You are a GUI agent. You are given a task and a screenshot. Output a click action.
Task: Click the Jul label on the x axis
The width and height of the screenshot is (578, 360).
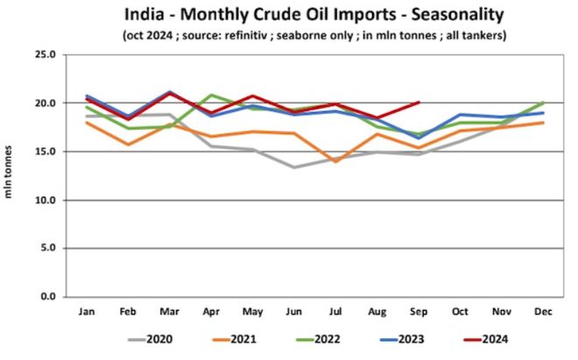click(x=335, y=311)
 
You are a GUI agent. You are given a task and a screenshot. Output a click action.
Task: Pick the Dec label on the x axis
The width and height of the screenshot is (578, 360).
click(x=543, y=311)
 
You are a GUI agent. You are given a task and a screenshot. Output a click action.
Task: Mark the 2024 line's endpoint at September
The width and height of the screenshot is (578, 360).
click(x=419, y=102)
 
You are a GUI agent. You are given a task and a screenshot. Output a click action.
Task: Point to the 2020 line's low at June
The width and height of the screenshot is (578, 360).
click(x=294, y=167)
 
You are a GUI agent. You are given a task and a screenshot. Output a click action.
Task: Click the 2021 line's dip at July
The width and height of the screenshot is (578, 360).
click(x=335, y=161)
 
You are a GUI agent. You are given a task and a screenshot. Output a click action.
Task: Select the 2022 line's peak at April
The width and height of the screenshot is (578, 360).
click(x=211, y=95)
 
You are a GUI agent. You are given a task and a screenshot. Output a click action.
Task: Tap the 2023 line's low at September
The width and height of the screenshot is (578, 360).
click(x=419, y=138)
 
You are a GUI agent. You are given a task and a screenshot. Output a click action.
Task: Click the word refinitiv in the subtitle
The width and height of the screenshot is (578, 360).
click(x=306, y=36)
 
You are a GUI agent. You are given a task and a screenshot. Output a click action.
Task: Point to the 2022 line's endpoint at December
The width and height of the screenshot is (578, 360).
click(x=543, y=102)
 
